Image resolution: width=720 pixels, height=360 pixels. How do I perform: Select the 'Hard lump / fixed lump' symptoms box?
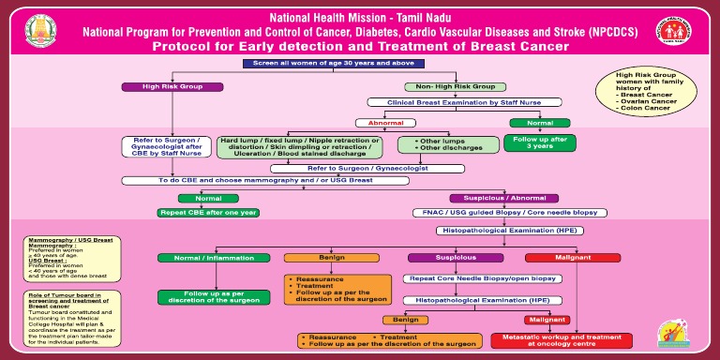[x=299, y=146]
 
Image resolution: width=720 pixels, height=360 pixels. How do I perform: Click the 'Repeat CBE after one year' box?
[x=207, y=213]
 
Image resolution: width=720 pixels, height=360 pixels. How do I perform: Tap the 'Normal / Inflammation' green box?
[x=207, y=258]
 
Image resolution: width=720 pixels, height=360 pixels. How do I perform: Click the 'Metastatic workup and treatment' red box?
[x=547, y=339]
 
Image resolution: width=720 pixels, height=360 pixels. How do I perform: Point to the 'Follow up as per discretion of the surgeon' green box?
[x=207, y=297]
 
